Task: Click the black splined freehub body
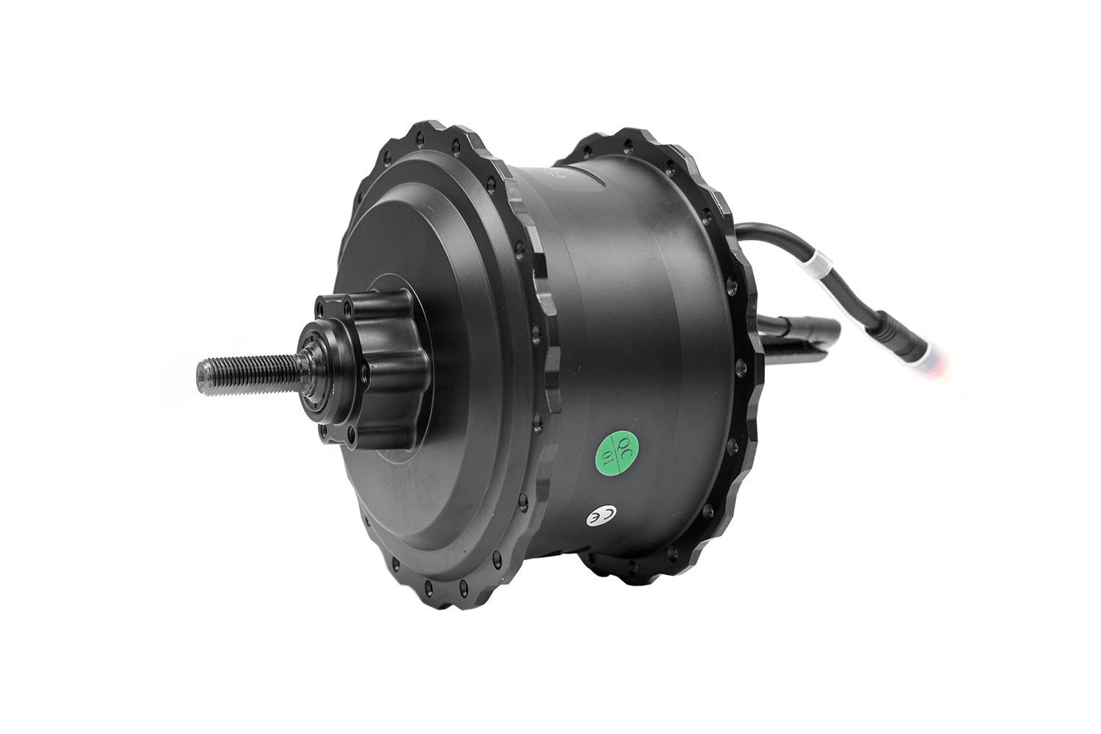point(374,367)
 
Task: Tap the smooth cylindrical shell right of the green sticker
point(675,411)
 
